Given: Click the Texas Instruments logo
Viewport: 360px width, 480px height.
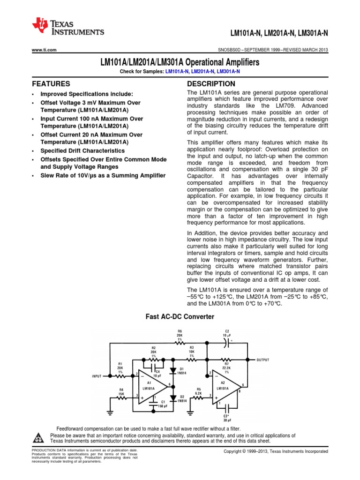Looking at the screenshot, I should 67,27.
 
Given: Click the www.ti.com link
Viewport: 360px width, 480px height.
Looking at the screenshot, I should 44,50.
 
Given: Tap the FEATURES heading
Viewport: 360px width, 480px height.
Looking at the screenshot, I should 51,84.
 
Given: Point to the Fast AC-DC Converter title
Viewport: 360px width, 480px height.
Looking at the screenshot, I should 180,317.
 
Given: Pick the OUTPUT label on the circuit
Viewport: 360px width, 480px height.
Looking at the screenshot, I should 262,360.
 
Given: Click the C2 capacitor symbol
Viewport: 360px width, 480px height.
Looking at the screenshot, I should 226,343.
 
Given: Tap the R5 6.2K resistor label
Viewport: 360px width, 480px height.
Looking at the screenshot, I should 199,391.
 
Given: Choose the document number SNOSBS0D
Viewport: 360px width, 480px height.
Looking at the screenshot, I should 232,50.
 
